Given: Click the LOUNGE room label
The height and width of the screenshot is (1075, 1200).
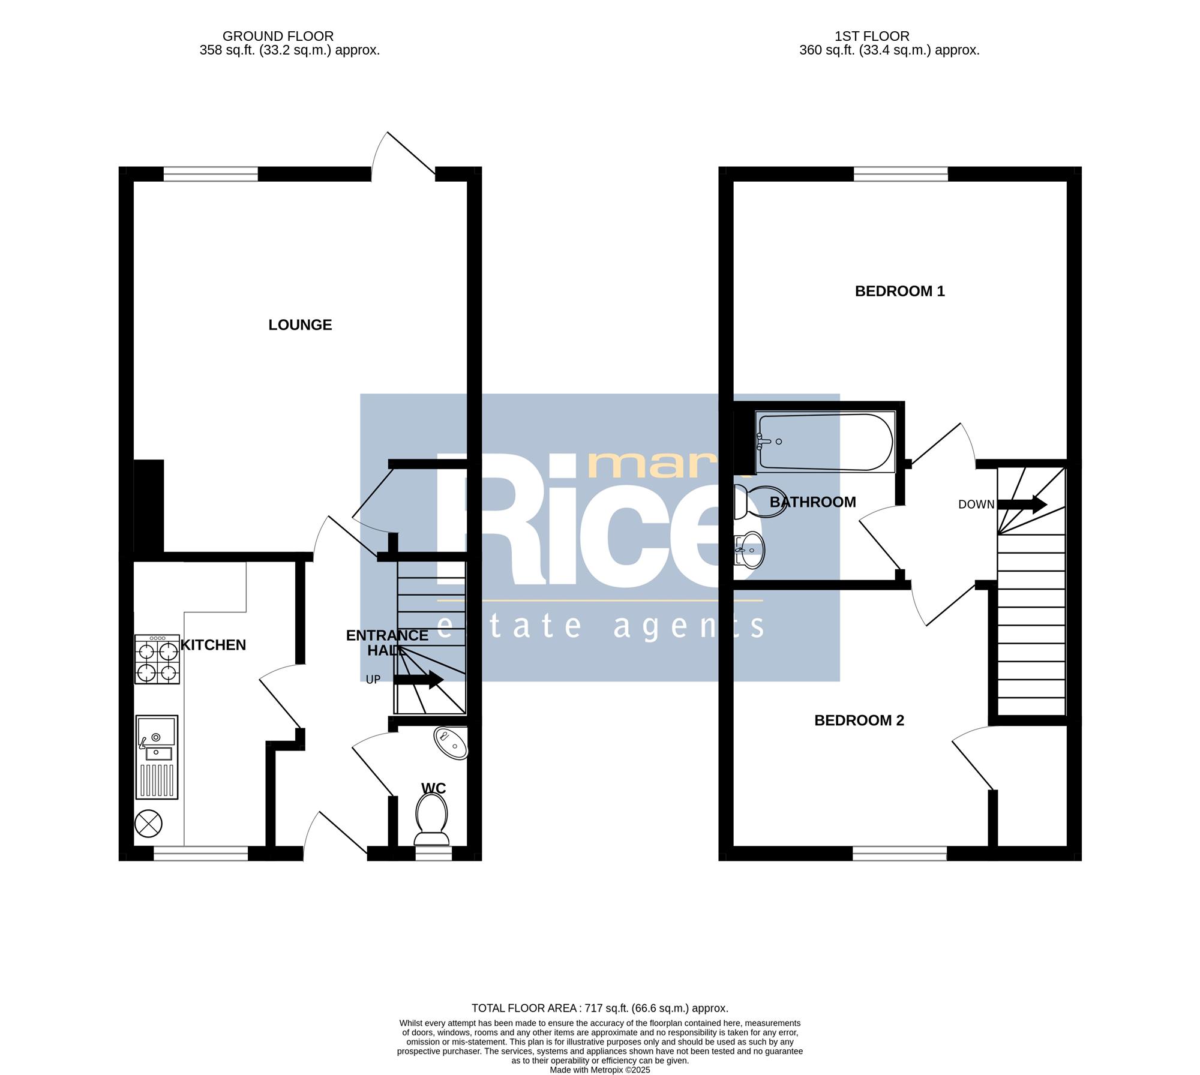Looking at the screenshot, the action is [x=300, y=325].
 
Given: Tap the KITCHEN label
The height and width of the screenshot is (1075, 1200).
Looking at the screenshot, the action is [x=213, y=645].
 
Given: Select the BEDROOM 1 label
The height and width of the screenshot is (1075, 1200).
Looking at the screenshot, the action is [x=899, y=292].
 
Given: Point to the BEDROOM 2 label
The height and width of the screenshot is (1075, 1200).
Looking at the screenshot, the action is [x=859, y=720].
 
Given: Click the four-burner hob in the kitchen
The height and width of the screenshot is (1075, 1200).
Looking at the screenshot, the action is [x=157, y=660].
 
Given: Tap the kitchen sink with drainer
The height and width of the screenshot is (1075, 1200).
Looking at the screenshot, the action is [x=157, y=757].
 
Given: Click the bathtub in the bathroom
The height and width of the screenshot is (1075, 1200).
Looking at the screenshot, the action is [x=826, y=442].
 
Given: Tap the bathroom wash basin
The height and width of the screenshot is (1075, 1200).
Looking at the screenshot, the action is [x=749, y=549].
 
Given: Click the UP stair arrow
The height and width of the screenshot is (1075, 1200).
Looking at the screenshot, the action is [x=418, y=680].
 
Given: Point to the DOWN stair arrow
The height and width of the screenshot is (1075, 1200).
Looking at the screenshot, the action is [x=1022, y=504].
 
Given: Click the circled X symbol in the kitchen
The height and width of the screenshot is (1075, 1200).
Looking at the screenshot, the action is [x=149, y=824].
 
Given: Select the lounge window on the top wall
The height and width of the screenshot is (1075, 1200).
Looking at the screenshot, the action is [x=211, y=174].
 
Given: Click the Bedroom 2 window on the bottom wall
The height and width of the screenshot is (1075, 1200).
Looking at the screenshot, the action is [x=900, y=853].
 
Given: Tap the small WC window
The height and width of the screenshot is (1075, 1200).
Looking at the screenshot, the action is [x=433, y=853].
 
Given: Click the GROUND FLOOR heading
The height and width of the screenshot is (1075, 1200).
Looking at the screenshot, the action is [x=278, y=37].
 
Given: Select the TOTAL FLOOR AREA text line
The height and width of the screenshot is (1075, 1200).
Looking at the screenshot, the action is [x=599, y=1008].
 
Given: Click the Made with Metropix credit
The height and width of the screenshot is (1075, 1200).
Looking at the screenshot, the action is [x=600, y=1070].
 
